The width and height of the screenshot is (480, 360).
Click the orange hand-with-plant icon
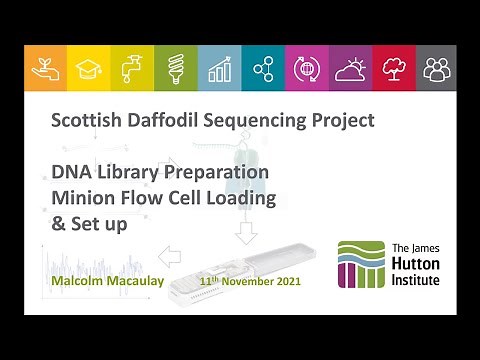45,67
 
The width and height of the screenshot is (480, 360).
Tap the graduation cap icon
89,67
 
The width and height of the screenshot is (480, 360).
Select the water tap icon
132,67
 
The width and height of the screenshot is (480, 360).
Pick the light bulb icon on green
176,67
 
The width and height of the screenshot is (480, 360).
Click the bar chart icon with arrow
219,67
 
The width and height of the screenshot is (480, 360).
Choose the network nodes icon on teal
263,67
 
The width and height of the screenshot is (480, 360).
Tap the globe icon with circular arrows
306,67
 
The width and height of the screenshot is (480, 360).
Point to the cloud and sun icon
350,67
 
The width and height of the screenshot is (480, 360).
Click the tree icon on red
393,67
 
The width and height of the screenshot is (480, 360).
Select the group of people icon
436,67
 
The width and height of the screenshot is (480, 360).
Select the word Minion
89,198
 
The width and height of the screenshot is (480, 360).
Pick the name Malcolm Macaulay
101,281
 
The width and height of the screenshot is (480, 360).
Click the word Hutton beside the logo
412,264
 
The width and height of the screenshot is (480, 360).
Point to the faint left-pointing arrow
170,257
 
